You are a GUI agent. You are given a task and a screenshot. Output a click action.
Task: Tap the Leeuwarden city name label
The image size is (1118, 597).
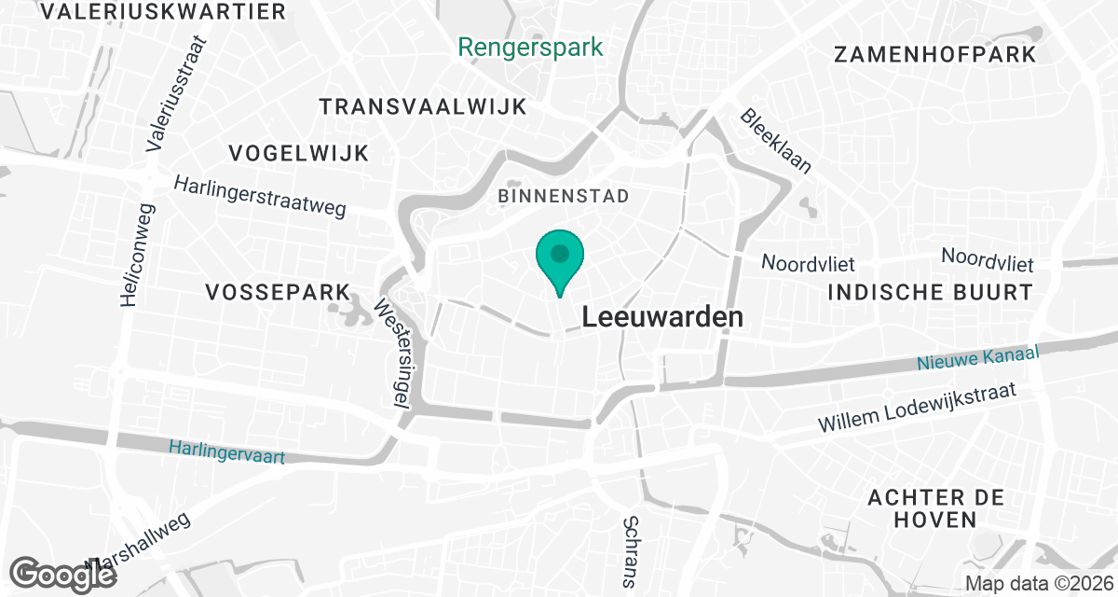click(662, 317)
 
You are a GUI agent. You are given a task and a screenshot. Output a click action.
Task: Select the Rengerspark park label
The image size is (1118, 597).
click(531, 47)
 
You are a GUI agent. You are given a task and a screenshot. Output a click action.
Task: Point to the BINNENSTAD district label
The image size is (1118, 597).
click(564, 196)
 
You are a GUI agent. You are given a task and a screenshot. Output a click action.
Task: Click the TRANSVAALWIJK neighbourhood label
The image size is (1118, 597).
click(423, 106)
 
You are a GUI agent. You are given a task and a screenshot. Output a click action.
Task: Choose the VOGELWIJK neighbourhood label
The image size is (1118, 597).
click(299, 153)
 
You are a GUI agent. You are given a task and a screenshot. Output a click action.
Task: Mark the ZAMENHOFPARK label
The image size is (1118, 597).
click(935, 54)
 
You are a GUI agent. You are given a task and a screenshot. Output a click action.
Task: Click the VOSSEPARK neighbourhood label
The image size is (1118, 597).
click(277, 292)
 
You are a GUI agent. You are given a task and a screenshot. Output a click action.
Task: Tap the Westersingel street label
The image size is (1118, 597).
click(393, 352)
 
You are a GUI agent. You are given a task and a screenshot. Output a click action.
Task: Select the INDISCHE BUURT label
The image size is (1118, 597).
click(931, 292)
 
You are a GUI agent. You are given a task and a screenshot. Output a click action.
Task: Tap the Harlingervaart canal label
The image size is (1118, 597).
click(226, 453)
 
